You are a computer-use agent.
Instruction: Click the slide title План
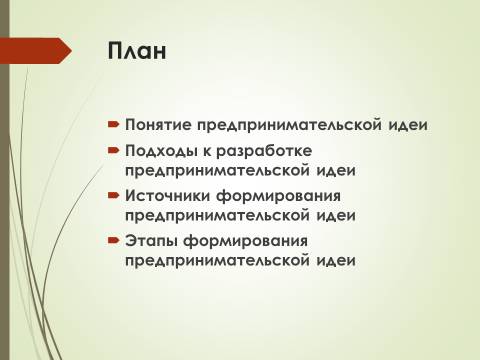coord(137,51)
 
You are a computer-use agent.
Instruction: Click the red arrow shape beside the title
coord(36,51)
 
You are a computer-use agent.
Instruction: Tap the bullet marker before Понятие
coord(114,125)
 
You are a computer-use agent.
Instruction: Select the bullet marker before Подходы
coord(114,151)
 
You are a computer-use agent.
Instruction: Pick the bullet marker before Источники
coord(114,196)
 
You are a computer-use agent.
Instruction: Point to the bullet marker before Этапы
coord(114,240)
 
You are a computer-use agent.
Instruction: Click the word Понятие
coord(158,125)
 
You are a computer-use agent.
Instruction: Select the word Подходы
coord(161,151)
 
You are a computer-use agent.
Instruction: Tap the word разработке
coord(264,152)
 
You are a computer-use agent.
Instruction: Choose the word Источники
coord(168,196)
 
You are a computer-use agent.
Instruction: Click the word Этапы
coord(151,241)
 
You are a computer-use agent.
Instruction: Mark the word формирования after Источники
coord(279,196)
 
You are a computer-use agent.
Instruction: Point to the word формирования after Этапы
coord(245,241)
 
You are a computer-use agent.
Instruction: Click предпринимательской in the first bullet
coord(289,126)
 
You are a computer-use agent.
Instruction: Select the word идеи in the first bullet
coord(408,125)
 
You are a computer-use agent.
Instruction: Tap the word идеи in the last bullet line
coord(336,260)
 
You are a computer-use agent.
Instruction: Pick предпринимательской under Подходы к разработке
coord(217,171)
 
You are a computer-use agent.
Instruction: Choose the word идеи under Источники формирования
coord(336,215)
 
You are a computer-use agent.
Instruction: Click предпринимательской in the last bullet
coord(217,261)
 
